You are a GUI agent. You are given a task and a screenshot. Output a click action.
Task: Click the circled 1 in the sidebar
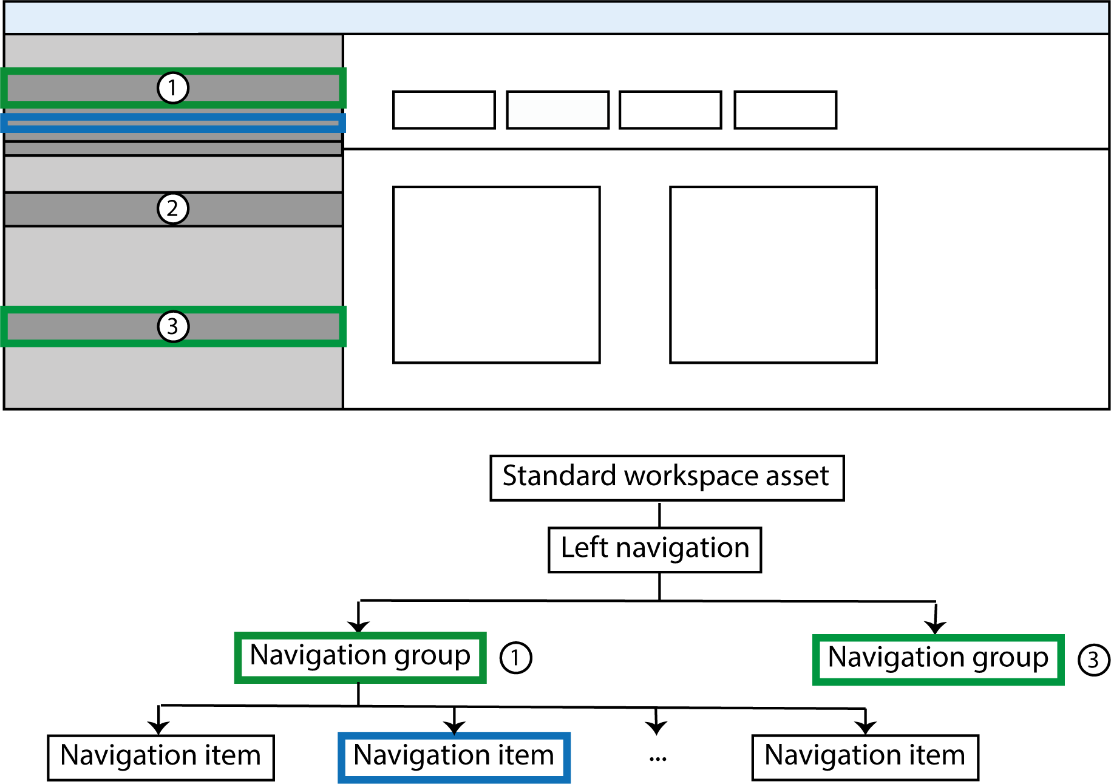click(x=173, y=88)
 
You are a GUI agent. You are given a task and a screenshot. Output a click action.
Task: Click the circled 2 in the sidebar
click(x=173, y=209)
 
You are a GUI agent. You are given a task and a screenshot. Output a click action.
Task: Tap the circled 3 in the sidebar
click(x=173, y=327)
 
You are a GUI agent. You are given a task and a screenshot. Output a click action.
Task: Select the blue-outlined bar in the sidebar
click(x=173, y=123)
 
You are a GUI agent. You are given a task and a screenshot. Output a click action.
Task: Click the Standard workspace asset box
click(x=667, y=478)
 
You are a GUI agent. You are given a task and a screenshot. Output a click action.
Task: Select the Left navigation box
click(x=654, y=550)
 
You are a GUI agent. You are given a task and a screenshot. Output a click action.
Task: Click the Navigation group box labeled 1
click(x=360, y=658)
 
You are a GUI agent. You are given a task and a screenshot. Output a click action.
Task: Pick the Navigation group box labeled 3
click(x=938, y=660)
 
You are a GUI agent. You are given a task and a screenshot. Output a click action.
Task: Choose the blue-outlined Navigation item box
click(x=454, y=757)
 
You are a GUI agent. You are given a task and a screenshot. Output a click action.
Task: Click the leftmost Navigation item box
click(x=161, y=757)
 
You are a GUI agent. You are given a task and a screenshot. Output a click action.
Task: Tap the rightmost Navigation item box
click(x=865, y=757)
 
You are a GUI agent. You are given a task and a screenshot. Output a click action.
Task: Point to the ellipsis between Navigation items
click(x=657, y=758)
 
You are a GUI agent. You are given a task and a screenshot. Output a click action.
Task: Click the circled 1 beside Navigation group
click(x=515, y=658)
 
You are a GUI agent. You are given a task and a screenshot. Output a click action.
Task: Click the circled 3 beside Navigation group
click(x=1093, y=660)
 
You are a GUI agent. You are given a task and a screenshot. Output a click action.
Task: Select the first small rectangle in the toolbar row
click(x=444, y=110)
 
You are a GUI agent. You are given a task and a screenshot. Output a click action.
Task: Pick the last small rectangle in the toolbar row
click(x=785, y=110)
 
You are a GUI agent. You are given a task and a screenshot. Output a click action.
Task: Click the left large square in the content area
click(x=496, y=274)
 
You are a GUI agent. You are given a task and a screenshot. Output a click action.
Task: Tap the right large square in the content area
click(x=773, y=274)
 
